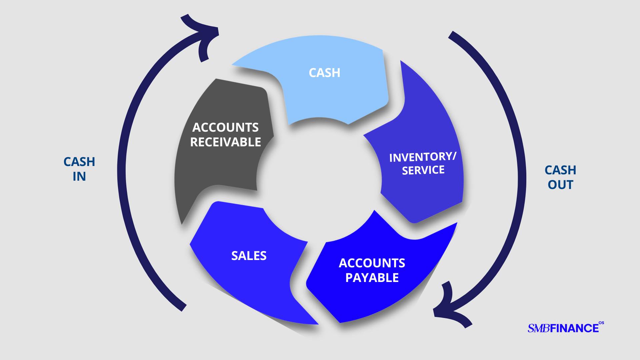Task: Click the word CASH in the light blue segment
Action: click(324, 73)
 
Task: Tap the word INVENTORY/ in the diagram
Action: click(422, 157)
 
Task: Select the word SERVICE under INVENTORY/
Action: click(423, 170)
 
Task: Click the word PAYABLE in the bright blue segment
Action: click(372, 278)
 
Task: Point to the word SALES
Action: click(249, 256)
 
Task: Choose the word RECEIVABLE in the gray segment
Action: click(225, 142)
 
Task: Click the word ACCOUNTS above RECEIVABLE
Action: click(225, 127)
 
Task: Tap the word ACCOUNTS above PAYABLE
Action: click(372, 263)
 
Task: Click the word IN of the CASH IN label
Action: click(79, 177)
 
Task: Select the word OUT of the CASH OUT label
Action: click(560, 185)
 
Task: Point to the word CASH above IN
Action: click(79, 162)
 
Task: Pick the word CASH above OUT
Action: click(560, 170)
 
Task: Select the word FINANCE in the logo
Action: click(574, 328)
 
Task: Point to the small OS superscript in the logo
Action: click(601, 323)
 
